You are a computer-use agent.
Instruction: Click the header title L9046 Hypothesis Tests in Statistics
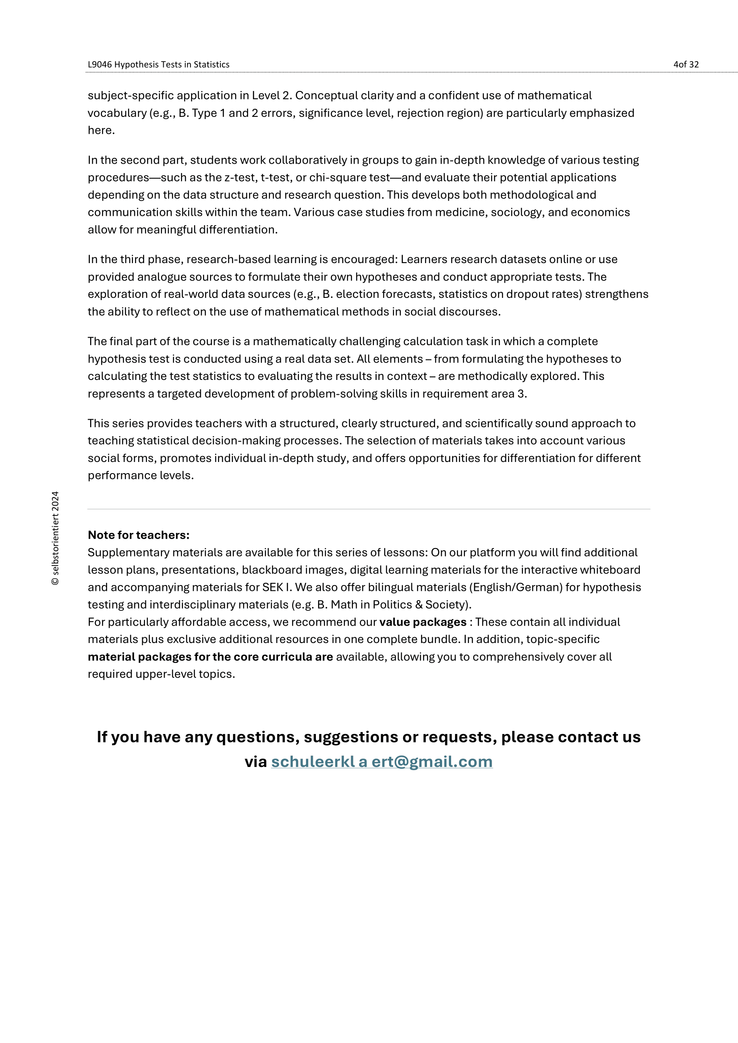(158, 65)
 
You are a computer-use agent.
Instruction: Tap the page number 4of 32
(686, 65)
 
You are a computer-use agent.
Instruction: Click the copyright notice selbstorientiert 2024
(55, 538)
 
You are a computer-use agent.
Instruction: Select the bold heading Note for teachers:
(139, 535)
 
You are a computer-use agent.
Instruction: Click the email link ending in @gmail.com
(382, 761)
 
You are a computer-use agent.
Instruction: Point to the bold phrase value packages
(423, 622)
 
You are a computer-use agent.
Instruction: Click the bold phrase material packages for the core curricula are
(210, 657)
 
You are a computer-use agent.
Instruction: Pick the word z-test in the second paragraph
(240, 177)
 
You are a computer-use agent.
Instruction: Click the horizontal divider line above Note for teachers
(369, 509)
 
